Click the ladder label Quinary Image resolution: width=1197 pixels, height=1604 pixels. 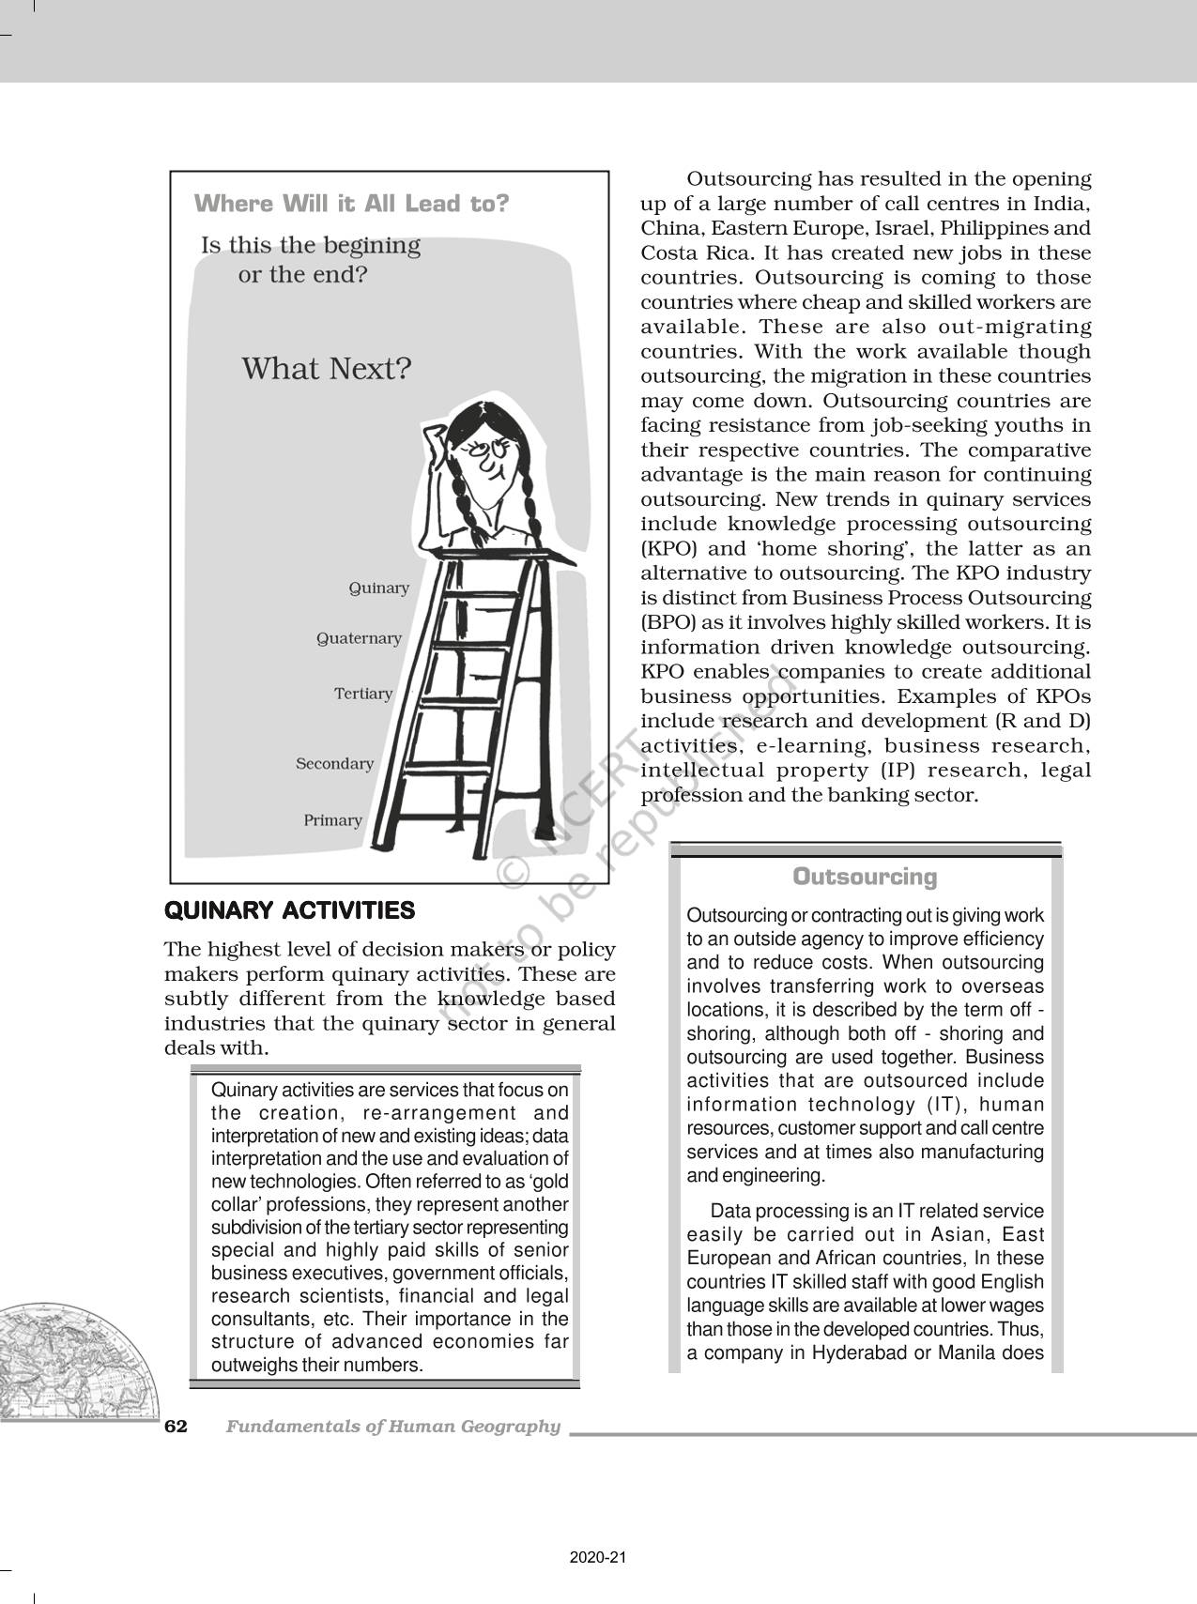(378, 588)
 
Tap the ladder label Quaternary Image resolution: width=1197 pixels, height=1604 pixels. (359, 639)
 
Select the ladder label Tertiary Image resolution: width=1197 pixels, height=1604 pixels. (363, 695)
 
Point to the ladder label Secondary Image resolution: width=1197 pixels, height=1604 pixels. (334, 764)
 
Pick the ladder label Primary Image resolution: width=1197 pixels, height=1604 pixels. (332, 821)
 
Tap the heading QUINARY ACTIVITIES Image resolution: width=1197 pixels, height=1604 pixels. (289, 910)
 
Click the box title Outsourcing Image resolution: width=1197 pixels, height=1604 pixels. (865, 877)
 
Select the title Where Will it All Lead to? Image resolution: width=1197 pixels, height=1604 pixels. (351, 204)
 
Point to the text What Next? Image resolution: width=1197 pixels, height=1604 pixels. (327, 369)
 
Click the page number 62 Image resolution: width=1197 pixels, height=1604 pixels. (176, 1427)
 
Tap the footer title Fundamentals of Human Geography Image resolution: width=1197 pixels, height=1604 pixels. (392, 1427)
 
